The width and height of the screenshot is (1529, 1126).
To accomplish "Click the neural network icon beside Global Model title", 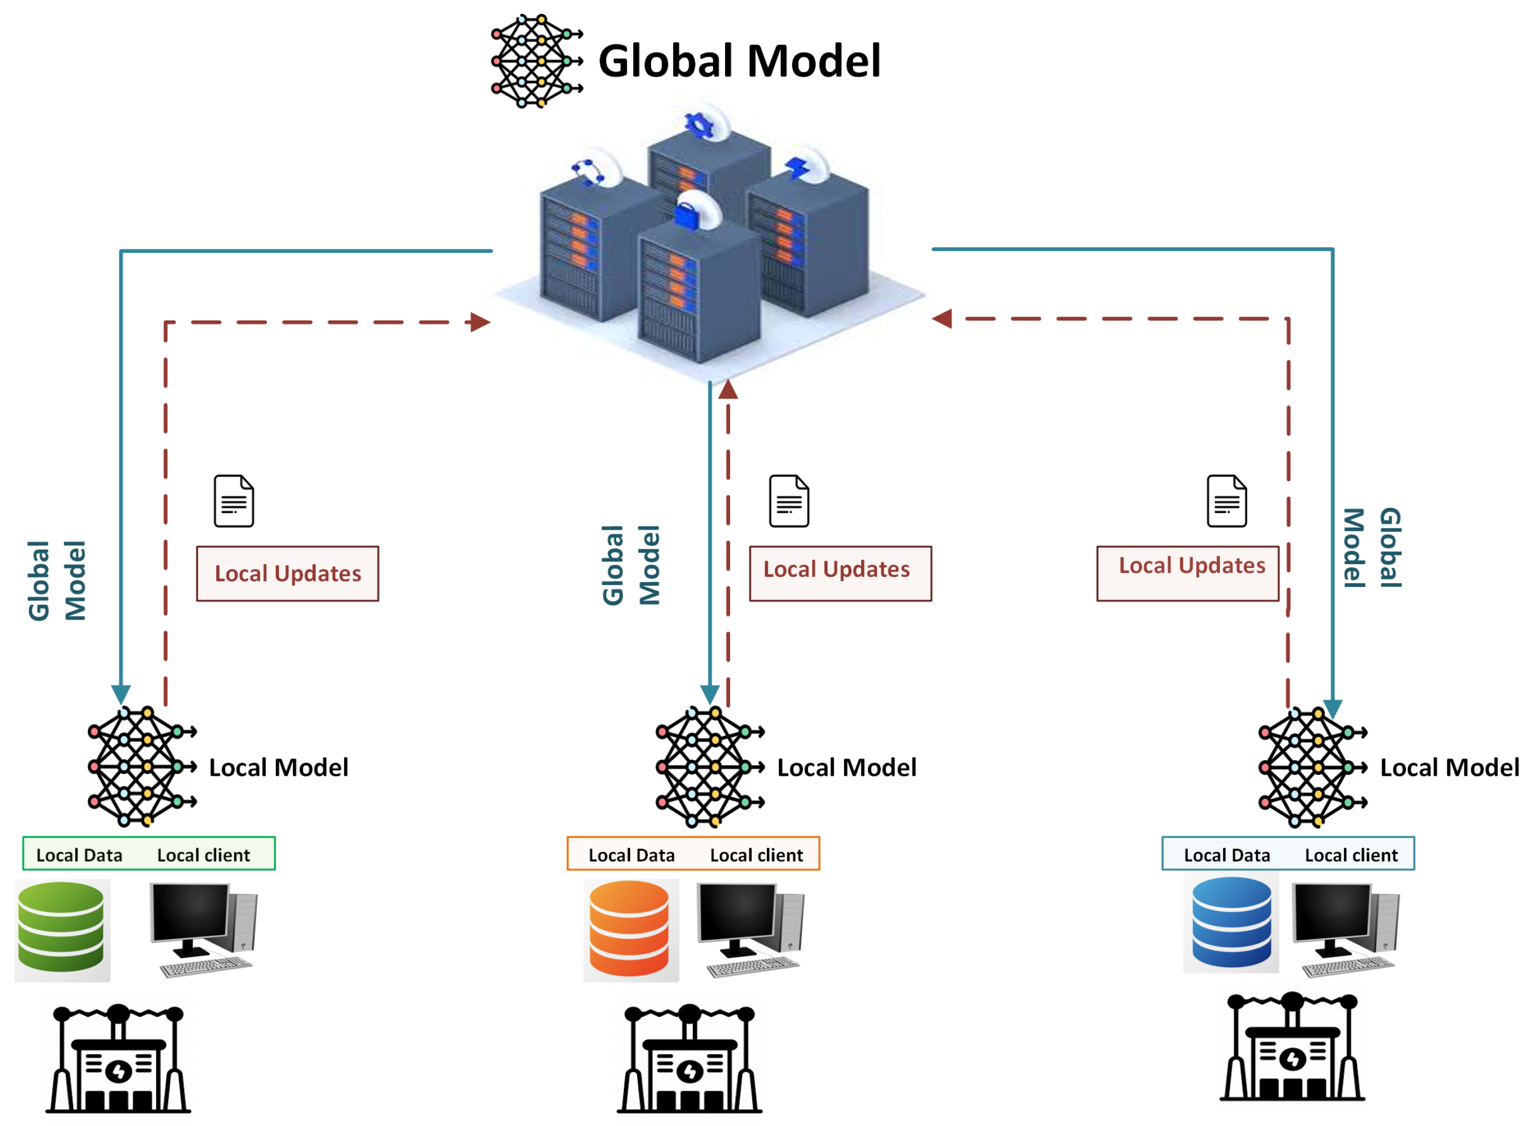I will point(536,61).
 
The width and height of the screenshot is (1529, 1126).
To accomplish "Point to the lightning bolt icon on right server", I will point(796,167).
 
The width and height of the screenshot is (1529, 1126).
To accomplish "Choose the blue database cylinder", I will point(1230,921).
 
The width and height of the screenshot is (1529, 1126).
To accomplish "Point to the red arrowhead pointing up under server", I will point(728,389).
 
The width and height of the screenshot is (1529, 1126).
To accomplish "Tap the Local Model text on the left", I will point(278,768).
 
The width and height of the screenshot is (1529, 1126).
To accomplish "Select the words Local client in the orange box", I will point(756,855).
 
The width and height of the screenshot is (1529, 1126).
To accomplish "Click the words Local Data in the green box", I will point(79,855).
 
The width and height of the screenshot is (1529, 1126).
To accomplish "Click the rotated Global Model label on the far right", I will point(1371,547).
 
